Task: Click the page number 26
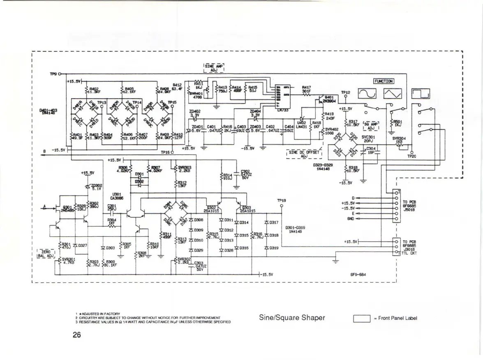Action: coord(76,335)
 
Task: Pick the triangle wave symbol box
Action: coord(392,95)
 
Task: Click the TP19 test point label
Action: coord(281,201)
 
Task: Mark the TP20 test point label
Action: coord(411,157)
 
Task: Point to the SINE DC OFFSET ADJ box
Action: coord(304,154)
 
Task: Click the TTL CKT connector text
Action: coord(409,253)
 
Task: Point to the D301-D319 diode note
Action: coord(296,230)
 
